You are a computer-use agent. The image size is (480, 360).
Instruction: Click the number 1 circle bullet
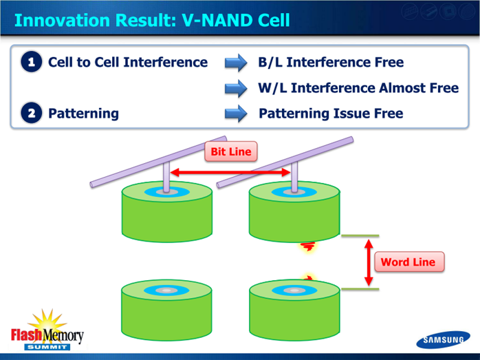32,62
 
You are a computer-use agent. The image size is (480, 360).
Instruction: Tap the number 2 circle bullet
32,113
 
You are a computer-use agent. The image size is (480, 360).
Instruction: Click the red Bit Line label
231,151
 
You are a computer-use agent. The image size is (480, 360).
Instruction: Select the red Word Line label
409,262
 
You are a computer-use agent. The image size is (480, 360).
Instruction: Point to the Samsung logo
443,339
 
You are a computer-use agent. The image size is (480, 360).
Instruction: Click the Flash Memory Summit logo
47,330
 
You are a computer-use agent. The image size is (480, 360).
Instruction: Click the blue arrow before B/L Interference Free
236,63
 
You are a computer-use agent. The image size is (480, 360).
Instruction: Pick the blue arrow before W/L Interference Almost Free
236,89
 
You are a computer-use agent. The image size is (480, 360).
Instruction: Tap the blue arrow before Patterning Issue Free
236,114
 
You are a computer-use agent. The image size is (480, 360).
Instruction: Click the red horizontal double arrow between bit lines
230,173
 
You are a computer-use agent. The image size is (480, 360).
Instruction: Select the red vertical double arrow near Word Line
369,263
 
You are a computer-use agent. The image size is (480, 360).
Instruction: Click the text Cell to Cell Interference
128,62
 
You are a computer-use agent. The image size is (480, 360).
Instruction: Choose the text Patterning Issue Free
331,114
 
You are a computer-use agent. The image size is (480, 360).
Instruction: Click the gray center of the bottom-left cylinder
166,290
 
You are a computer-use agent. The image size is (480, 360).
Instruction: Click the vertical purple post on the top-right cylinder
294,177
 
